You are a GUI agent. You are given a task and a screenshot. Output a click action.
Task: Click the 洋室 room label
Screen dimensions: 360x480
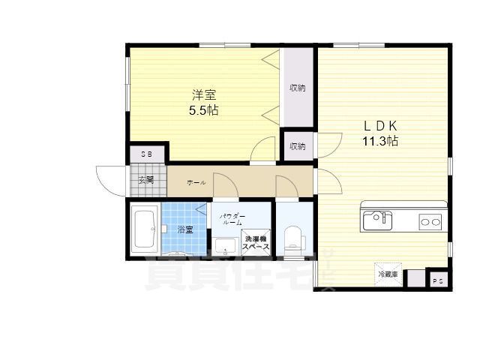[x=204, y=94]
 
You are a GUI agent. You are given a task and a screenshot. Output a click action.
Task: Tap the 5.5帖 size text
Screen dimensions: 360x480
[x=204, y=109]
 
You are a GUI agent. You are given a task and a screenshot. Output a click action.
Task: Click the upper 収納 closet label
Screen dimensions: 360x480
[x=298, y=88]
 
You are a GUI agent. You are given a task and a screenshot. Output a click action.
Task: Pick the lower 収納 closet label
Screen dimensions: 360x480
[x=298, y=146]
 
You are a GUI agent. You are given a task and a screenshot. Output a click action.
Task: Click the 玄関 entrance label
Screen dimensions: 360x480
[x=147, y=180]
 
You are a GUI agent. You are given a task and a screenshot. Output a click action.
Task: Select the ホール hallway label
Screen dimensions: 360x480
[x=196, y=182]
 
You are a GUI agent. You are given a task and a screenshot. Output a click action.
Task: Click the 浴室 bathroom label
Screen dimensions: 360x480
[x=185, y=229]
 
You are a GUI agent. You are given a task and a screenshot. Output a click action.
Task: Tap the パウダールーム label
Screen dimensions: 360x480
[x=231, y=219]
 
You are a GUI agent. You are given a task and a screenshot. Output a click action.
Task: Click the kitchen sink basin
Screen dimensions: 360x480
[x=376, y=220]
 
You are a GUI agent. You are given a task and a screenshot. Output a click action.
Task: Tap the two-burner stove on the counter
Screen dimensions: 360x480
[x=429, y=221]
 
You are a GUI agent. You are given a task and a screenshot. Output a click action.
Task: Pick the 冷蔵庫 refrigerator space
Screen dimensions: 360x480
[x=388, y=274]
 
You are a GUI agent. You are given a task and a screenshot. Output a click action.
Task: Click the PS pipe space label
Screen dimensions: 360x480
[x=439, y=280]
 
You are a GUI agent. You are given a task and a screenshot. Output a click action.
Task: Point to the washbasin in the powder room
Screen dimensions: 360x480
[x=223, y=245]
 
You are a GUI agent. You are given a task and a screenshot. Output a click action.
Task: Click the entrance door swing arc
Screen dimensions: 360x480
[x=105, y=178]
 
